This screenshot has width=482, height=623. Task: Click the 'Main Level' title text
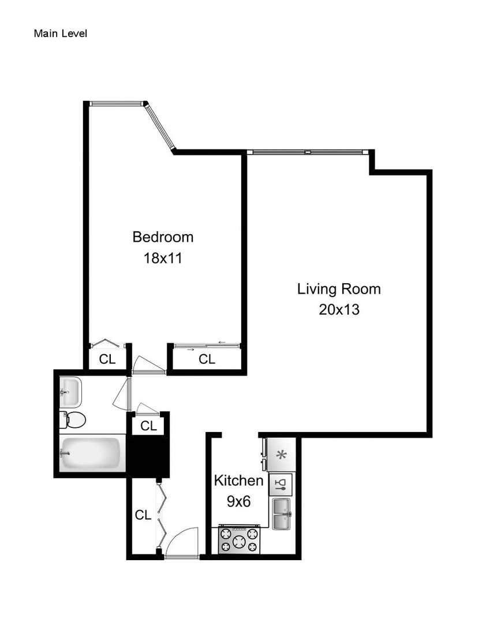(61, 33)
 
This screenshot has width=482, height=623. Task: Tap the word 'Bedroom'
(163, 237)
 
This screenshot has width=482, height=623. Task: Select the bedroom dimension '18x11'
(163, 258)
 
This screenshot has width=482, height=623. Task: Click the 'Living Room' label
(339, 288)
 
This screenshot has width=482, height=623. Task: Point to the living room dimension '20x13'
(339, 310)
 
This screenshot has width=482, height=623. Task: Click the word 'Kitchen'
(238, 480)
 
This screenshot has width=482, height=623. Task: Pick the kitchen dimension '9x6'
(238, 501)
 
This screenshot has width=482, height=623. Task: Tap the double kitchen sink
(282, 513)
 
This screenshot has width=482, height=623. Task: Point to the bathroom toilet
(73, 419)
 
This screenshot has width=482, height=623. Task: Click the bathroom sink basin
(70, 391)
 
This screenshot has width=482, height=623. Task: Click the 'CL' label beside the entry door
(143, 515)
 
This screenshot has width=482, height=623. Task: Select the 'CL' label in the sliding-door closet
(207, 359)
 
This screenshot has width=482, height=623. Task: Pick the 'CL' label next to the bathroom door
(149, 426)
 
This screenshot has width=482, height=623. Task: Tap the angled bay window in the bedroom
(159, 127)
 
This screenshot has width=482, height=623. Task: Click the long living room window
(308, 152)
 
